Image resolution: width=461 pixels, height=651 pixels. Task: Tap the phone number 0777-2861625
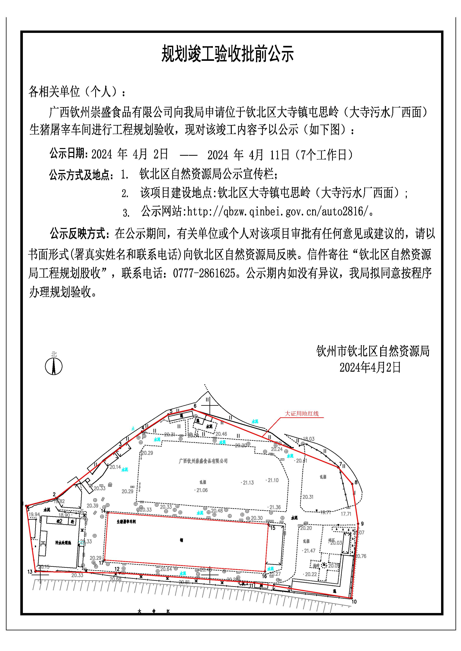(204, 273)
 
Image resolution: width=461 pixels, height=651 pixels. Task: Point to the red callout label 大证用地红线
(302, 414)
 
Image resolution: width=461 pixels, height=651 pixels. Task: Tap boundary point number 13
(30, 572)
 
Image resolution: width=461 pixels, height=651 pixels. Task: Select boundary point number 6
(195, 406)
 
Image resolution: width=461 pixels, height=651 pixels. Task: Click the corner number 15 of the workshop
(273, 528)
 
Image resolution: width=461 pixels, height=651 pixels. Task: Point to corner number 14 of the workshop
(103, 511)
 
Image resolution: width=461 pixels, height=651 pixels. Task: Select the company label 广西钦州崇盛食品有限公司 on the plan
(203, 461)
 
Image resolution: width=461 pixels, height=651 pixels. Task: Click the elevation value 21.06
(202, 490)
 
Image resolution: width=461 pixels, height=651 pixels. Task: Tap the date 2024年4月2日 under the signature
(370, 368)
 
